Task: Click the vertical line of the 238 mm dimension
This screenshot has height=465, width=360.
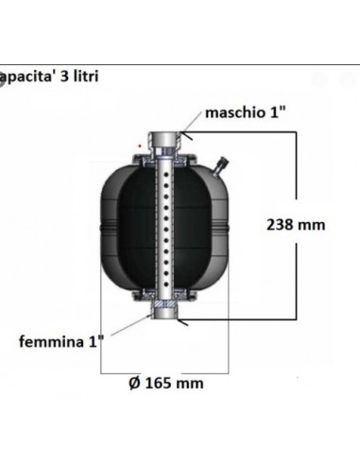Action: [x=301, y=189]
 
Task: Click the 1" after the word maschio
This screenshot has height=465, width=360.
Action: [x=276, y=114]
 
